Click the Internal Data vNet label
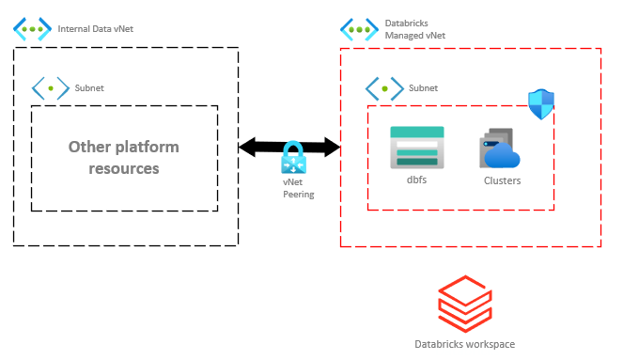point(96,29)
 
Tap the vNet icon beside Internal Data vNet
point(33,28)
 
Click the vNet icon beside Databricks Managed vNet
point(359,28)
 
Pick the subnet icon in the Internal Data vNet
point(51,89)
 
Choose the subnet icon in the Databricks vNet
point(384,89)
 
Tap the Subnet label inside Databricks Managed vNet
point(424,89)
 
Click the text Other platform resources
point(123,158)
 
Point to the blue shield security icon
point(541,104)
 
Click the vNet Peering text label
point(298,188)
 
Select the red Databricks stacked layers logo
point(463,301)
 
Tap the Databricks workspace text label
point(464,344)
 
